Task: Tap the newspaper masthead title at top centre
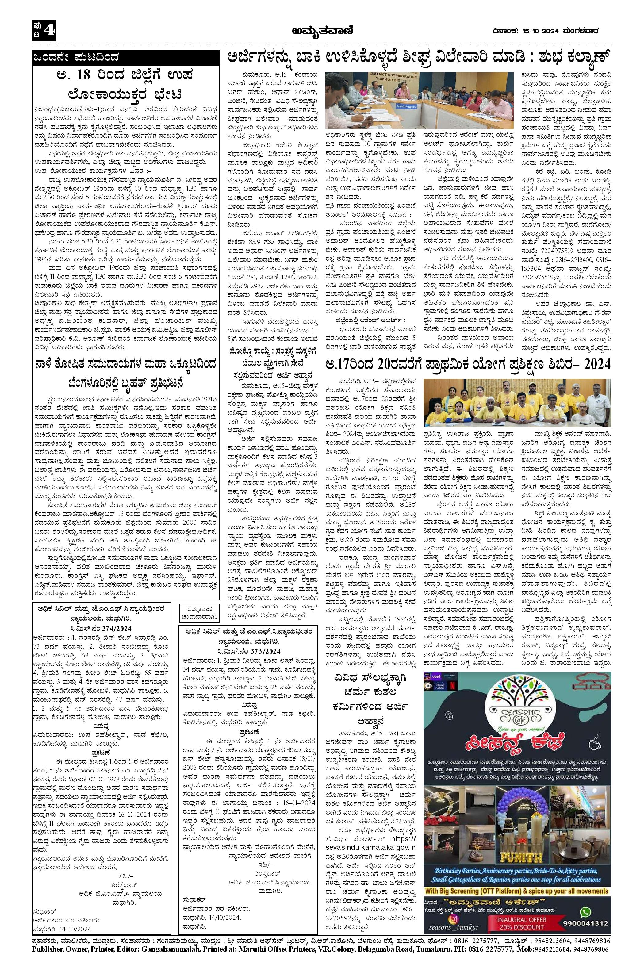322,29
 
